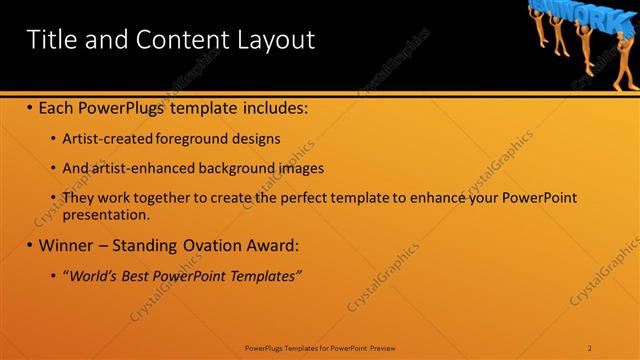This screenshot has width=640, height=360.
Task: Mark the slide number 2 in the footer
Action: [x=591, y=348]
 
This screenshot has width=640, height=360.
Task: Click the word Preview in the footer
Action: [x=382, y=348]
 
